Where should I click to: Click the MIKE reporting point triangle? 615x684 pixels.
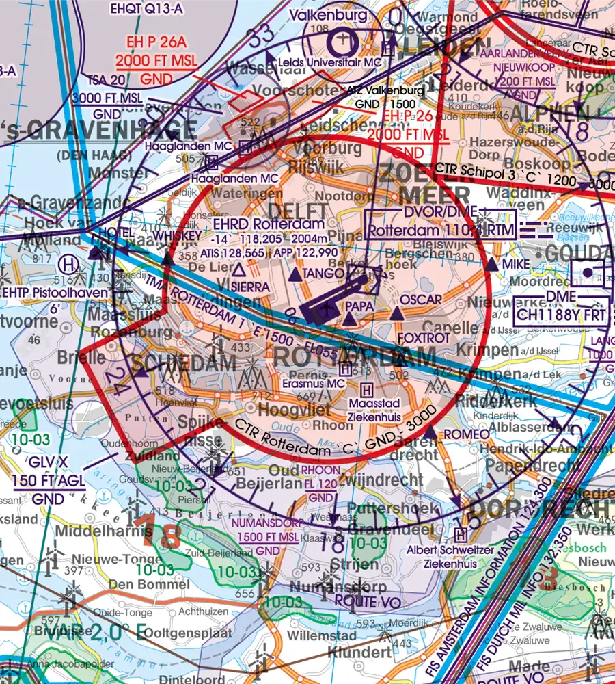492,263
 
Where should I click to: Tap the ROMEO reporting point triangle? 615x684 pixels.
430,433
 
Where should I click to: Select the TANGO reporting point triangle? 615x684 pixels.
294,275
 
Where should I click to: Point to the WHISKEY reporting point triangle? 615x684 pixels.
167,259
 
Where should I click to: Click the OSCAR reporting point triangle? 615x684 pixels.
396,313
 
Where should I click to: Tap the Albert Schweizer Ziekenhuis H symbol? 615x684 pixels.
461,534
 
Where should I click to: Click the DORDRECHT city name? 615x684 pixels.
540,510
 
